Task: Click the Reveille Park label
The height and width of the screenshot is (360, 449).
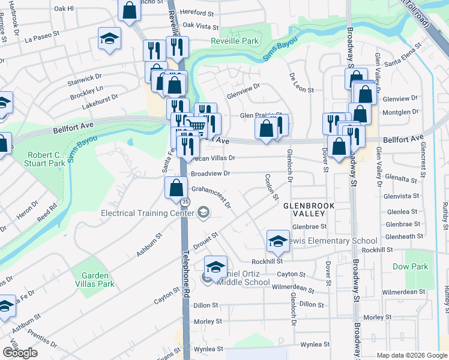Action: click(234, 41)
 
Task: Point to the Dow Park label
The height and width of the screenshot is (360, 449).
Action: click(410, 266)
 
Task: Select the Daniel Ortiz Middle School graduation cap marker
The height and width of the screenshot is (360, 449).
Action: click(215, 266)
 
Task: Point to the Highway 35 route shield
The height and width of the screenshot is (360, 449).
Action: click(185, 202)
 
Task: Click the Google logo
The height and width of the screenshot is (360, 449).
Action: click(20, 353)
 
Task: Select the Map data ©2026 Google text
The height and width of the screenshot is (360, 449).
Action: click(412, 355)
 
